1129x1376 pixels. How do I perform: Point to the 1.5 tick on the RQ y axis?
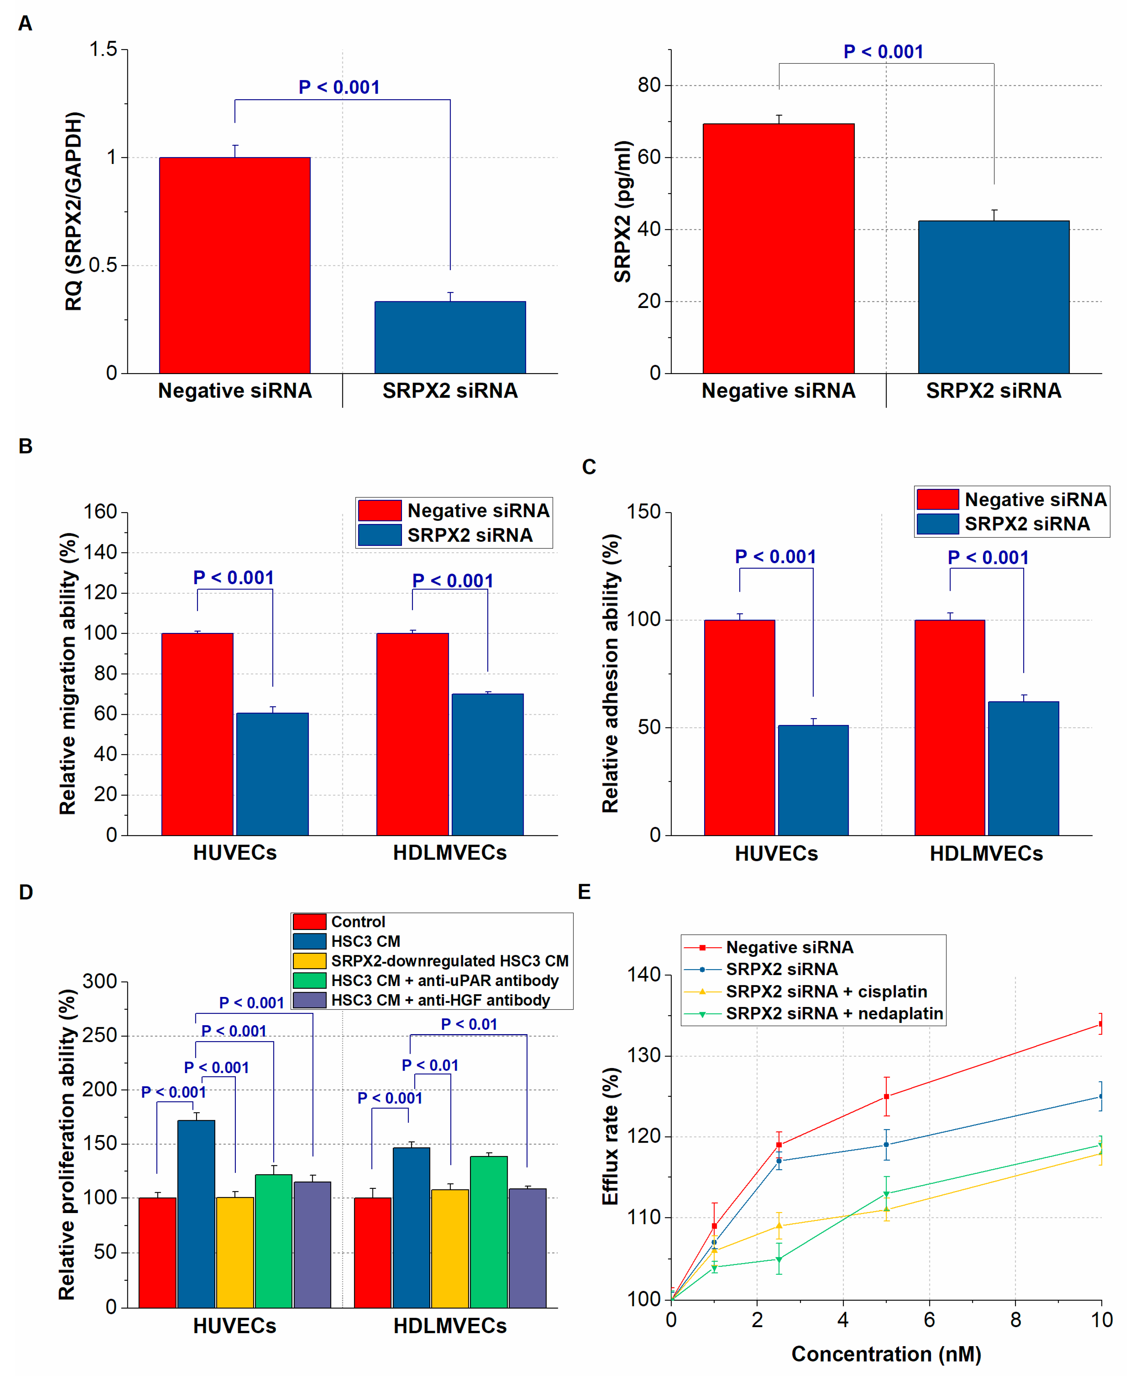click(103, 49)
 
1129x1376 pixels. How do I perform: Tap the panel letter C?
click(589, 467)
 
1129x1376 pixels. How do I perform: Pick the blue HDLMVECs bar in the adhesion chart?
click(1023, 768)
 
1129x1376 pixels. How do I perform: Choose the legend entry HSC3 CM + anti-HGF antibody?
click(440, 1000)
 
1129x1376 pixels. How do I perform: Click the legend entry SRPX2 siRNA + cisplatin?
click(826, 991)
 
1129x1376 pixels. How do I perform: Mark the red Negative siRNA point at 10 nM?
click(1100, 1024)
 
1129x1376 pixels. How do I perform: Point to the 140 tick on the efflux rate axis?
click(644, 975)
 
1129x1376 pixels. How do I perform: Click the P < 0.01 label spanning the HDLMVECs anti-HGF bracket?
click(469, 1024)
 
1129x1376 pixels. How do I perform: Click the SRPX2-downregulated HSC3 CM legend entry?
click(449, 961)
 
